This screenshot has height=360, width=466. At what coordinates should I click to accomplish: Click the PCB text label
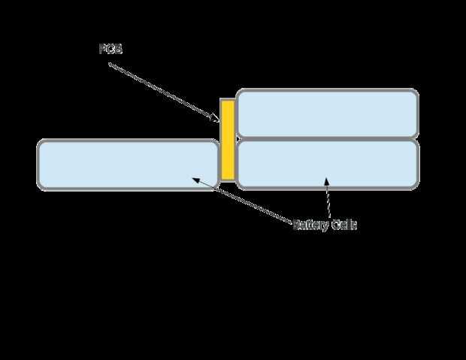[x=110, y=49]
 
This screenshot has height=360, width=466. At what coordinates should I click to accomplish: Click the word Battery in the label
[x=310, y=225]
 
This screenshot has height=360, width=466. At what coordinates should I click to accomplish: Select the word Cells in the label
[x=343, y=225]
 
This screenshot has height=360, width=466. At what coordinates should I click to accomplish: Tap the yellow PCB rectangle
[x=228, y=139]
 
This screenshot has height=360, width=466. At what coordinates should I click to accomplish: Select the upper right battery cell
[x=327, y=113]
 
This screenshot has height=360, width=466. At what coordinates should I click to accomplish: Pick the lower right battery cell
[x=327, y=164]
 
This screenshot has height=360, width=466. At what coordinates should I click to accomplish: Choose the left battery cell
[x=128, y=164]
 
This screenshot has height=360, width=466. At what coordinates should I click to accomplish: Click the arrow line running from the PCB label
[x=162, y=90]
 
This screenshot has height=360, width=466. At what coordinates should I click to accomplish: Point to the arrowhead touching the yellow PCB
[x=217, y=118]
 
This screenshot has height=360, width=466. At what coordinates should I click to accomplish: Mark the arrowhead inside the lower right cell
[x=326, y=181]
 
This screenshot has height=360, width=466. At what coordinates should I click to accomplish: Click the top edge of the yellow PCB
[x=228, y=100]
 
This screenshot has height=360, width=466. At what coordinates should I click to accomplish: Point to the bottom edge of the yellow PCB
[x=228, y=180]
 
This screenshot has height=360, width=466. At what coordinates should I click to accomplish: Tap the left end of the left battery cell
[x=38, y=164]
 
